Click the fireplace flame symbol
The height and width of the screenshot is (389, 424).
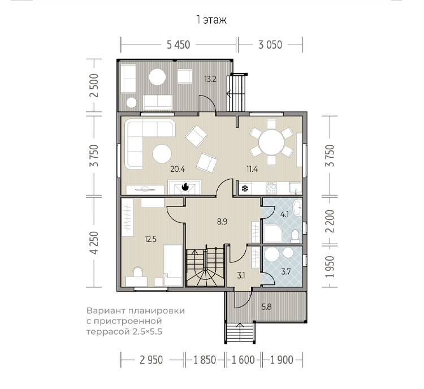(185, 187)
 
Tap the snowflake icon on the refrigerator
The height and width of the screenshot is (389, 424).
(245, 188)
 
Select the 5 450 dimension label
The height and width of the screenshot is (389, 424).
(179, 45)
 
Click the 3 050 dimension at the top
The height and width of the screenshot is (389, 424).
(270, 45)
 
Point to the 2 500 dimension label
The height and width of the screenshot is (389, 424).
(95, 85)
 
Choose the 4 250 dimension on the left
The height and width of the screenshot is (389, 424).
(95, 243)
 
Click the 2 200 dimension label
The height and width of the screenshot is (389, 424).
(330, 221)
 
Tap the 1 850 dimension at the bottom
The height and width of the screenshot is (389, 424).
(205, 360)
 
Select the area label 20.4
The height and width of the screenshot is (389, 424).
(178, 170)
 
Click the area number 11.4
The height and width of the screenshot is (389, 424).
(252, 170)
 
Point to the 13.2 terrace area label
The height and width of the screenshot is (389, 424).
(210, 79)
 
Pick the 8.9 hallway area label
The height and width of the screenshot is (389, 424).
(222, 222)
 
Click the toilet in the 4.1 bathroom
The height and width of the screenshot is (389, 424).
(295, 236)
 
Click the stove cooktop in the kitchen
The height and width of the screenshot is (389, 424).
(271, 188)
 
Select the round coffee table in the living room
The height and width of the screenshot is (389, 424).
(162, 154)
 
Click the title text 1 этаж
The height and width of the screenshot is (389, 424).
(212, 20)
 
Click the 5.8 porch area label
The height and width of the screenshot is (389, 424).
(267, 307)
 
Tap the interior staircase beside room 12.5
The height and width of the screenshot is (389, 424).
(206, 267)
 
